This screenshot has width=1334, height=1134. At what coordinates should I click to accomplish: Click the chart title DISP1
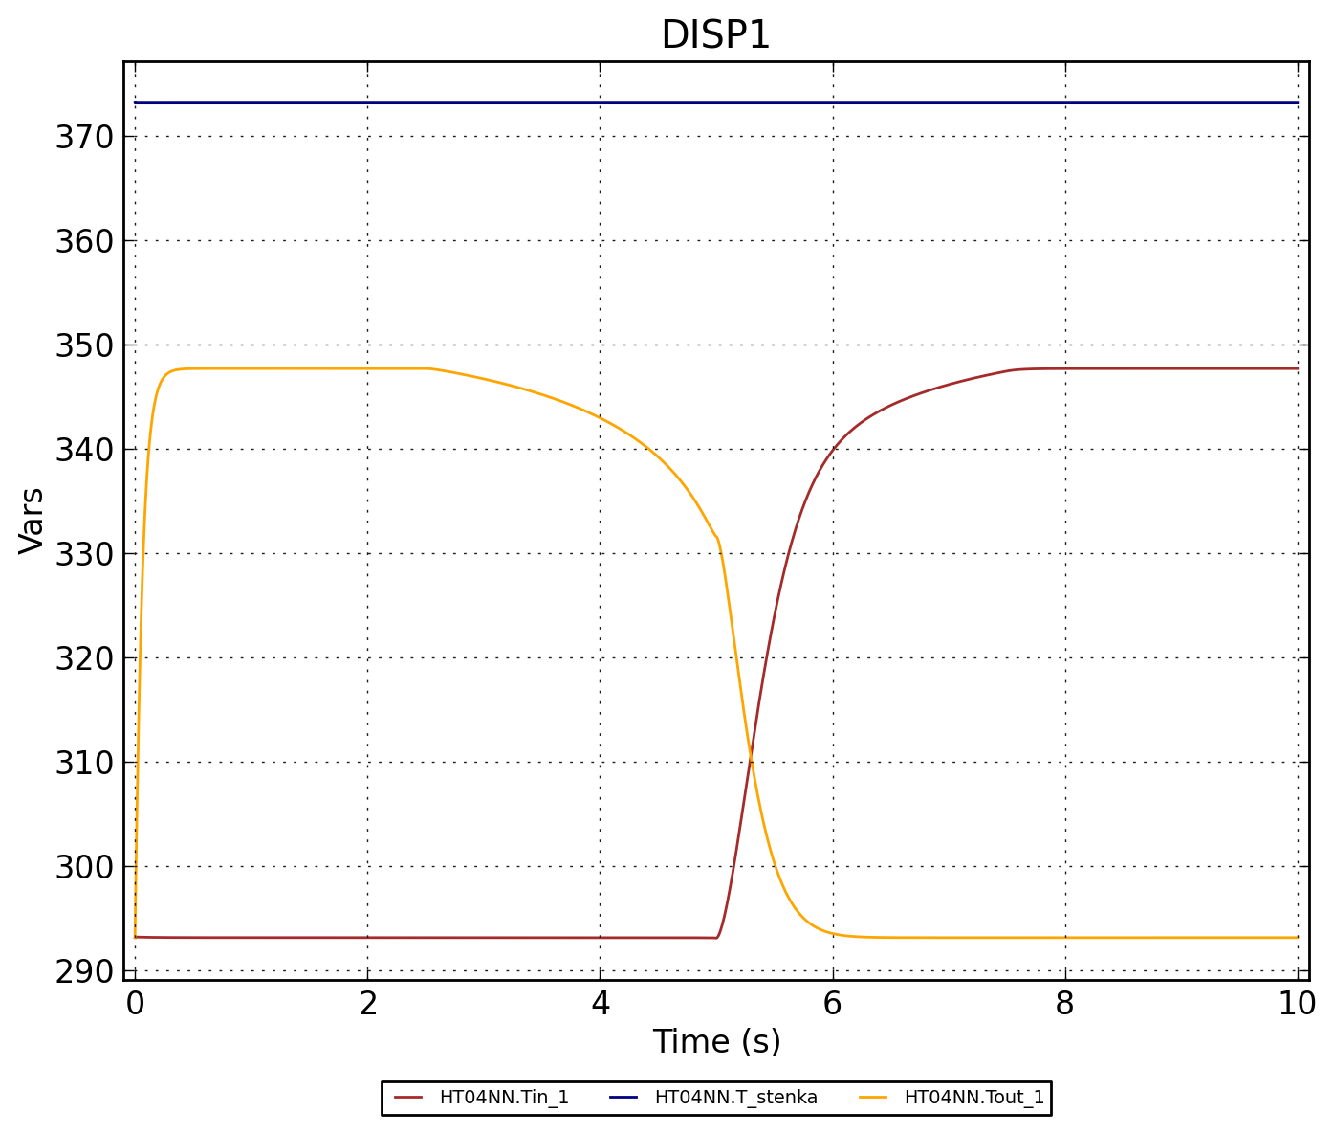pos(715,36)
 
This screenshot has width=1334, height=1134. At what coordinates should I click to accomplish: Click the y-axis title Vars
pos(32,521)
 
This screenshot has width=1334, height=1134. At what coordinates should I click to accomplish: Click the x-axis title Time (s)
pos(716,1042)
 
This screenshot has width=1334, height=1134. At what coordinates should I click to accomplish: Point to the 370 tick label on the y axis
pos(84,137)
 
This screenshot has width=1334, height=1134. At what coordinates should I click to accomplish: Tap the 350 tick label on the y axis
pos(84,345)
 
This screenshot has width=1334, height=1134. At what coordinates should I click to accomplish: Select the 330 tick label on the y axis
pos(84,554)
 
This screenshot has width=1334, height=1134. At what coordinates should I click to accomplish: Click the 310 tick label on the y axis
pos(84,763)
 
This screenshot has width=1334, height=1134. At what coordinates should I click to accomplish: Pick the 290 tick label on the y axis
pos(84,971)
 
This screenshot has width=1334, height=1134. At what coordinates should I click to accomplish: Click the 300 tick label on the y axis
pos(84,867)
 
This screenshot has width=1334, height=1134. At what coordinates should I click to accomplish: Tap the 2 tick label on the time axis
pos(367,1003)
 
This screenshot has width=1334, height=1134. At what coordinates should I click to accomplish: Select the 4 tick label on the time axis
pos(600,1003)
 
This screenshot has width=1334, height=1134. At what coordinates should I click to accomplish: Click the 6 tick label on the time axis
pos(832,1003)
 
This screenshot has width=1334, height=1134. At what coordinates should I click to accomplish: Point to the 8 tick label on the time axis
pos(1064,1003)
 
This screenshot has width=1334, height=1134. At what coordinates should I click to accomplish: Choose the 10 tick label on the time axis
pos(1297,1003)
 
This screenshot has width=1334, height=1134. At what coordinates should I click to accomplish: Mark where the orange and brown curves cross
pos(751,759)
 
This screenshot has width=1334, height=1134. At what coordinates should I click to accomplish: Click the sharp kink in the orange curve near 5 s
pos(716,538)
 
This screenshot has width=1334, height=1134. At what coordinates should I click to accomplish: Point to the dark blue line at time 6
pos(832,103)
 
